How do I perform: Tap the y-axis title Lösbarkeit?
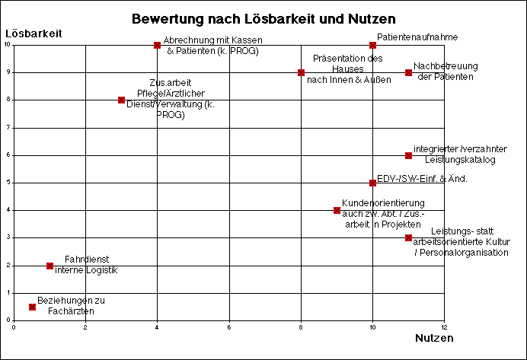click(x=34, y=33)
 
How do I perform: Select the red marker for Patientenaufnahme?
click(x=372, y=45)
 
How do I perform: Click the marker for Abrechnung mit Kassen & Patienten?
click(x=157, y=45)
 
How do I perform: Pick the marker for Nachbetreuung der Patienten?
click(x=408, y=72)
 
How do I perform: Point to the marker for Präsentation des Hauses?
click(x=301, y=72)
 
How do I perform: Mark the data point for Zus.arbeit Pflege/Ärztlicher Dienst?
click(x=121, y=100)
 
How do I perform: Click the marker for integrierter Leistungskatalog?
click(x=408, y=155)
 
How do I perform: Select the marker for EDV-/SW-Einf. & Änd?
click(x=372, y=183)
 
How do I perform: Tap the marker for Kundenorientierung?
click(x=337, y=210)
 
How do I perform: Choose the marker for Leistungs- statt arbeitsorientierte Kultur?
click(x=408, y=237)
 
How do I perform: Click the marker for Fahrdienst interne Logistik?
click(x=50, y=266)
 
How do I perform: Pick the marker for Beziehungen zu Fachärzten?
click(x=32, y=307)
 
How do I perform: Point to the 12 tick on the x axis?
click(x=444, y=327)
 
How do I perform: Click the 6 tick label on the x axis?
click(x=229, y=327)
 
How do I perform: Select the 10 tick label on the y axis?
click(x=7, y=45)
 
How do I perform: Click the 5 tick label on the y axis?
click(x=8, y=183)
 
